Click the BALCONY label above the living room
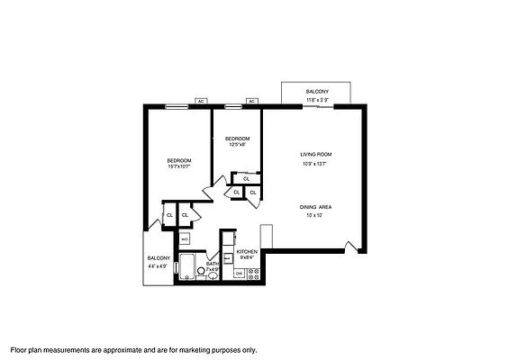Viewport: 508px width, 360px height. click(316, 92)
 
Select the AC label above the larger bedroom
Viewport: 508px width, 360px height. click(201, 101)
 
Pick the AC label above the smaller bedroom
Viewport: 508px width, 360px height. click(252, 101)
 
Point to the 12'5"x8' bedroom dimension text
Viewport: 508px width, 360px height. click(236, 144)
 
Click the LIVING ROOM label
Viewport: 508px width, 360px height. click(316, 155)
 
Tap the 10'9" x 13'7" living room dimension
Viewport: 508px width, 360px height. click(316, 164)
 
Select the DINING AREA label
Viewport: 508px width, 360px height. click(316, 207)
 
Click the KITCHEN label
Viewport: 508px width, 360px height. click(247, 251)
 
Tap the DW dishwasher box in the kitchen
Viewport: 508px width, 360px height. click(240, 273)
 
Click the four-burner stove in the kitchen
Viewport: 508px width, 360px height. click(253, 273)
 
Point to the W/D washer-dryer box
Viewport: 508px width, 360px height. click(185, 238)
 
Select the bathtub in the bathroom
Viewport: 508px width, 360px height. click(188, 267)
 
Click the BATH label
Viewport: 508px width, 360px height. click(212, 263)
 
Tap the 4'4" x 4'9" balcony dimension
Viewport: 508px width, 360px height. click(159, 266)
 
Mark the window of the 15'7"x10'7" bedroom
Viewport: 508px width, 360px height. click(176, 107)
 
